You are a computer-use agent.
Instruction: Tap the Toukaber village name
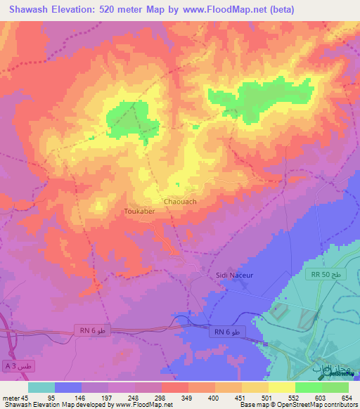[139, 210]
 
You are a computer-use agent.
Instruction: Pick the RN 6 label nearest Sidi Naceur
[228, 331]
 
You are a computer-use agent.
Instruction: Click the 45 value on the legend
[25, 397]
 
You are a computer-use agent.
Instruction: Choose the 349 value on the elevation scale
[188, 397]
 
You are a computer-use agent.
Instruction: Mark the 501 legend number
[268, 397]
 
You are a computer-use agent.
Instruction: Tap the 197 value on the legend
[108, 397]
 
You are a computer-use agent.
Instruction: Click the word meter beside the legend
[10, 397]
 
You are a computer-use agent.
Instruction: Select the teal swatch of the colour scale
[41, 387]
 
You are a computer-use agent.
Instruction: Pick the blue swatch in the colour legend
[68, 387]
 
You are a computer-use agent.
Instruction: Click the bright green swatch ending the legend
[335, 387]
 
